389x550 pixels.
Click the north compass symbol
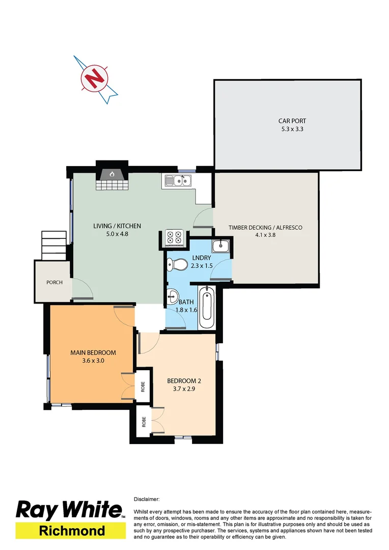pyautogui.click(x=95, y=78)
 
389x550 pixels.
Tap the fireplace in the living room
pyautogui.click(x=111, y=174)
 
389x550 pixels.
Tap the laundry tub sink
pyautogui.click(x=221, y=246)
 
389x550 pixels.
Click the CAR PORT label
pyautogui.click(x=292, y=121)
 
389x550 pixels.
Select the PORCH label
pyautogui.click(x=54, y=282)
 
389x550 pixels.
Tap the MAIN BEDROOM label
pyautogui.click(x=93, y=352)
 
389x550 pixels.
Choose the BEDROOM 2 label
pyautogui.click(x=184, y=381)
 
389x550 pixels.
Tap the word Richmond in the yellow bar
pyautogui.click(x=72, y=531)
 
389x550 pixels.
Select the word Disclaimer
pyautogui.click(x=147, y=500)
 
